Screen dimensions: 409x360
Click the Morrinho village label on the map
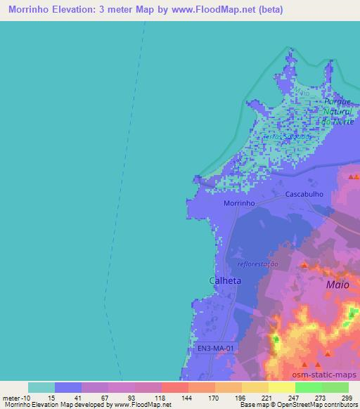[238, 202]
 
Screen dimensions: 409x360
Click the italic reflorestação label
[258, 264]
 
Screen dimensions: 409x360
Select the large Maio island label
[337, 285]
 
